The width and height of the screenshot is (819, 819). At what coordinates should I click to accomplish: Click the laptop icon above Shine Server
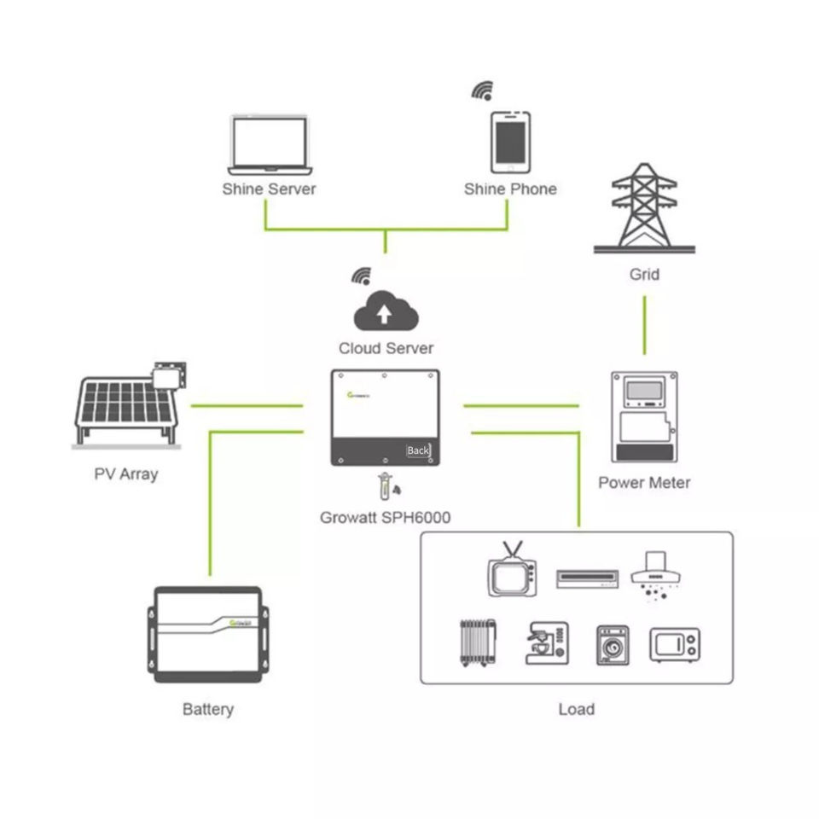268,145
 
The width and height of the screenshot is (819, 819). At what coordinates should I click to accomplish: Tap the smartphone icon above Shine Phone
509,142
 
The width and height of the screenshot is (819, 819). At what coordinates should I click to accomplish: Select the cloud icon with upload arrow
385,311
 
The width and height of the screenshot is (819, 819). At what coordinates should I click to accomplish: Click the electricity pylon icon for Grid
645,208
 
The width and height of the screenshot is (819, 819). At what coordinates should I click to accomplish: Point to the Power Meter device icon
644,416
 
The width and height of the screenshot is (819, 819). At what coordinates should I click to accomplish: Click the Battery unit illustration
208,634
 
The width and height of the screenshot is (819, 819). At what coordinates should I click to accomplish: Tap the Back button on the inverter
418,450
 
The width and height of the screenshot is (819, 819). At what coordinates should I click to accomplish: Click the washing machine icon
612,646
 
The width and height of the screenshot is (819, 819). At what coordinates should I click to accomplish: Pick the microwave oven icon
674,645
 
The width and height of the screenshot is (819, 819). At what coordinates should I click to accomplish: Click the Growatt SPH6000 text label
385,517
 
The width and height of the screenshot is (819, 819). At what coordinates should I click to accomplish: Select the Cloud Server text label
386,348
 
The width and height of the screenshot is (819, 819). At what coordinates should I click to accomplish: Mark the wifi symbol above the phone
484,91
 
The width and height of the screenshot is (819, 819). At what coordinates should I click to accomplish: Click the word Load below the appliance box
576,709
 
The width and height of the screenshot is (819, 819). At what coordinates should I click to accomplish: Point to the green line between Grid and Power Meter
644,325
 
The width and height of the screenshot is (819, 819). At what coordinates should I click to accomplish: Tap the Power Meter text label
644,483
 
